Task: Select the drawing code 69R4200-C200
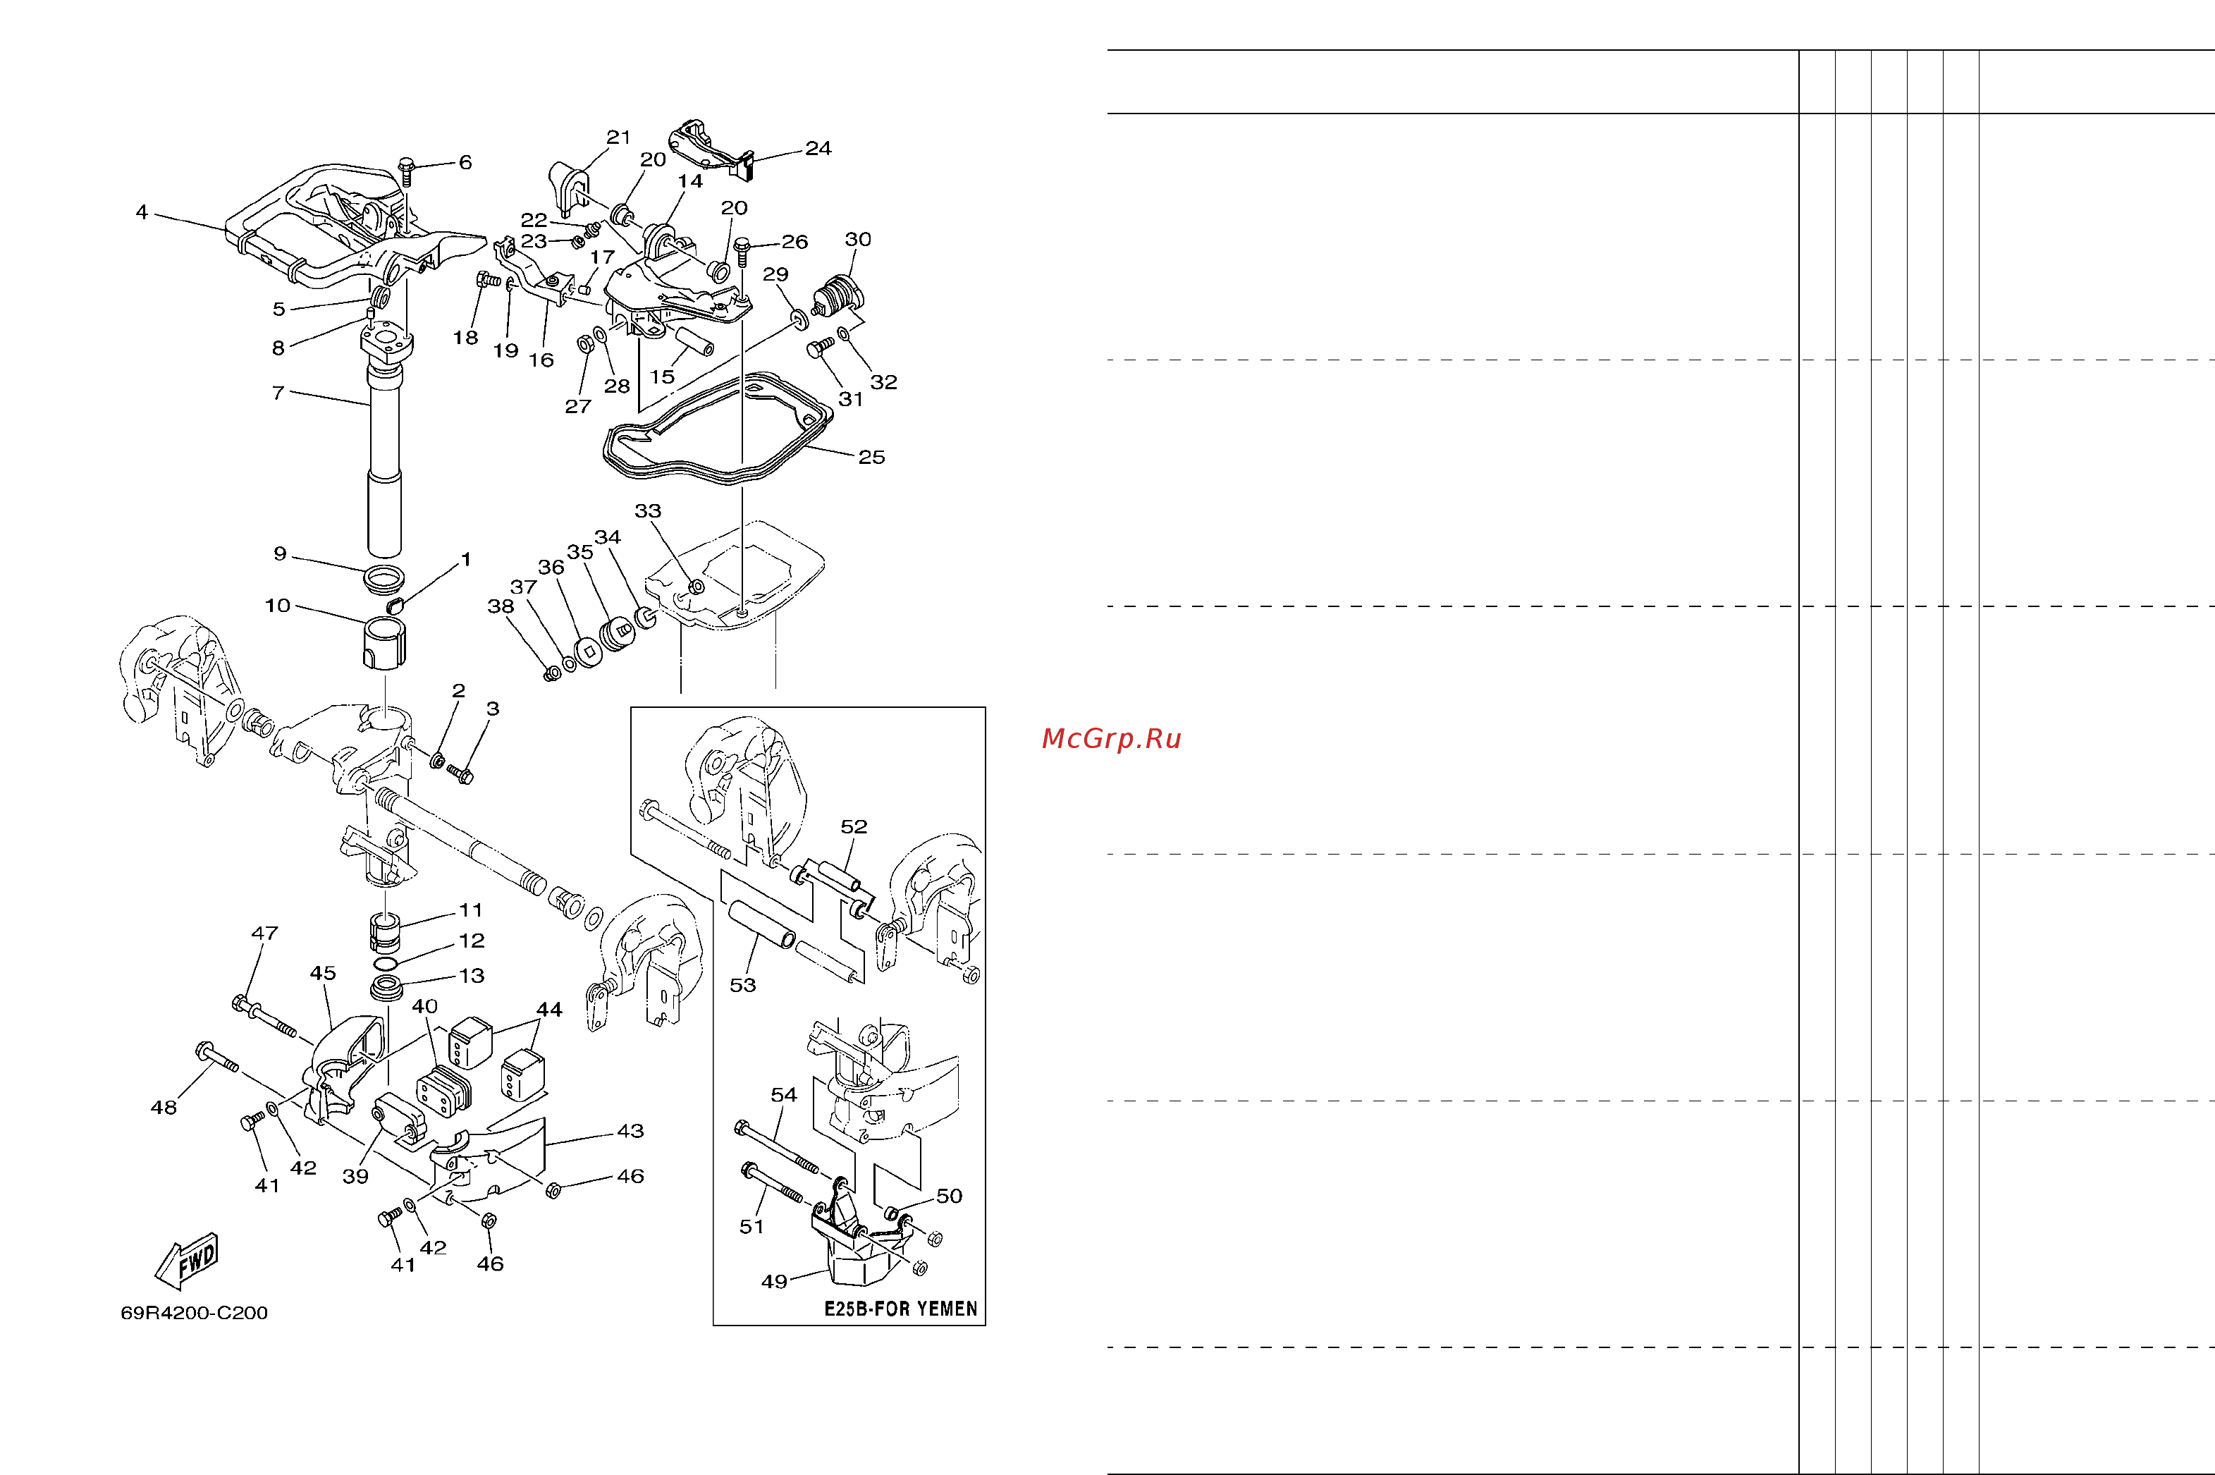194,1312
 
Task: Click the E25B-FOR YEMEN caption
900,1309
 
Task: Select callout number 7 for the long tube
278,392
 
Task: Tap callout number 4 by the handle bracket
142,212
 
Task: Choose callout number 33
648,510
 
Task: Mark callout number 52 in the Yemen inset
854,826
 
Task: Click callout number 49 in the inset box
774,1281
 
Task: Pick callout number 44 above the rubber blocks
549,1010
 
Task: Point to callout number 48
164,1107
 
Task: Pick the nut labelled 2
437,759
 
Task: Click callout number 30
858,239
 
